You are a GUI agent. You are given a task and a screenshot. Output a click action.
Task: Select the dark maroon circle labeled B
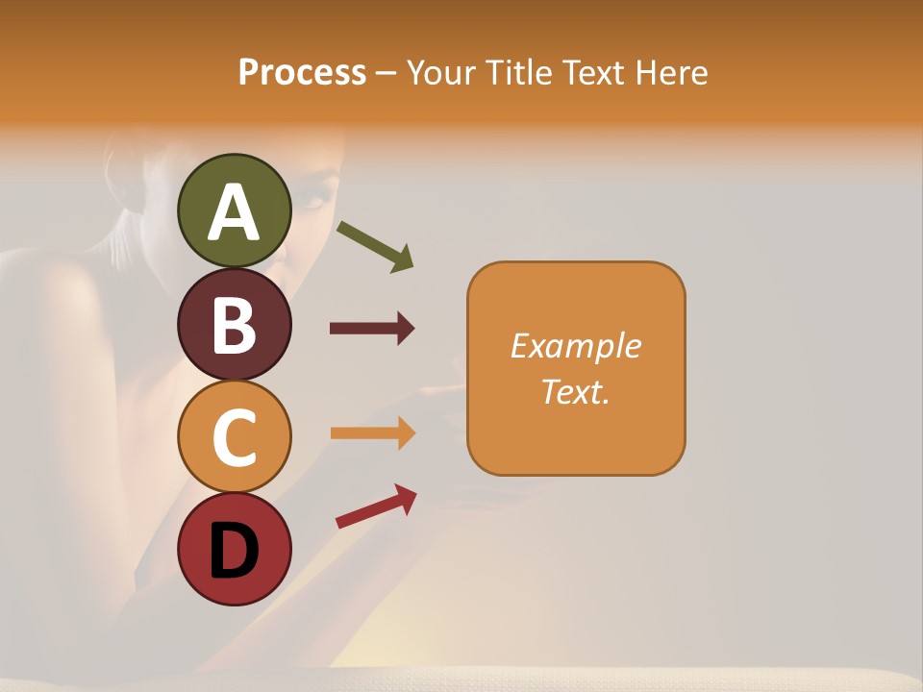(x=235, y=324)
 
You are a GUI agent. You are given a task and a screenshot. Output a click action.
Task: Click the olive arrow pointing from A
(x=375, y=246)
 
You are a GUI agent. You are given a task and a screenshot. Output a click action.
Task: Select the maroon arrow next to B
(x=372, y=329)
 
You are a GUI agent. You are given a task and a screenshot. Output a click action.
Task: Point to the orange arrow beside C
(x=372, y=432)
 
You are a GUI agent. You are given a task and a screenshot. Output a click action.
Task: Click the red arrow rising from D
(x=376, y=506)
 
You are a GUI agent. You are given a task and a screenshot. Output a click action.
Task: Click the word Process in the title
(x=302, y=72)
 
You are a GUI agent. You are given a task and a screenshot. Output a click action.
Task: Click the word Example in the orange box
(x=576, y=346)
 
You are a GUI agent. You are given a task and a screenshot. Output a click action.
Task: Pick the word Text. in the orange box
(x=576, y=391)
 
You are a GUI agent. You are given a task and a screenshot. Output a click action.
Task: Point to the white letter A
(x=235, y=212)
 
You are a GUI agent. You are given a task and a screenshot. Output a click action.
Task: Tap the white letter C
(x=235, y=437)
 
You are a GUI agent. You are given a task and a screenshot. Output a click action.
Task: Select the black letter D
(x=235, y=551)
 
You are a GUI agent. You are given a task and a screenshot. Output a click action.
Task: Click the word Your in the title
(x=441, y=72)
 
